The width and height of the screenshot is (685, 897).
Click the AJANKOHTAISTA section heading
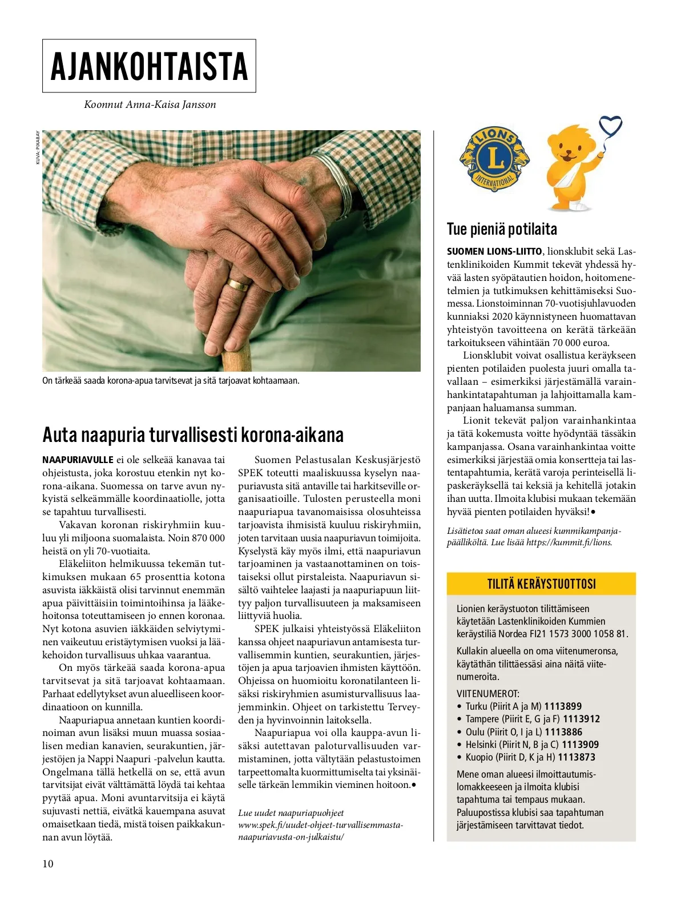pyautogui.click(x=149, y=66)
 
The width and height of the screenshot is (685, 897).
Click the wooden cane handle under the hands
pyautogui.click(x=236, y=360)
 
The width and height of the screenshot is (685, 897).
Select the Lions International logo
pyautogui.click(x=494, y=160)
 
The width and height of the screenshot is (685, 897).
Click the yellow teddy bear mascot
pyautogui.click(x=571, y=168)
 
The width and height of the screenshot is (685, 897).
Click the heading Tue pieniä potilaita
pyautogui.click(x=502, y=230)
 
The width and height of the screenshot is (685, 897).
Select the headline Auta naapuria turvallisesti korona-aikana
pyautogui.click(x=193, y=435)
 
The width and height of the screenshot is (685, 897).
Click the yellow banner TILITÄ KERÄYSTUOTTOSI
pyautogui.click(x=541, y=584)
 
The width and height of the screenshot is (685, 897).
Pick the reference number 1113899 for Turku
pyautogui.click(x=563, y=706)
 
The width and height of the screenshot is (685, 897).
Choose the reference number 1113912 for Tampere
pyautogui.click(x=581, y=719)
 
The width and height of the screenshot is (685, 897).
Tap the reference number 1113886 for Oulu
pyautogui.click(x=563, y=732)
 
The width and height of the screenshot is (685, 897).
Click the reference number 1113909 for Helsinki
pyautogui.click(x=580, y=745)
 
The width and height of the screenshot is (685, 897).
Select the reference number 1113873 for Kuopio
pyautogui.click(x=577, y=757)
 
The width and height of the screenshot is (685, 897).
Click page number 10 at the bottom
pyautogui.click(x=48, y=863)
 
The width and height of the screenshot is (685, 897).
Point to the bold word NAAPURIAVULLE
pyautogui.click(x=78, y=460)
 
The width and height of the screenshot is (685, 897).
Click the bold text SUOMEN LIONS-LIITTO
pyautogui.click(x=494, y=252)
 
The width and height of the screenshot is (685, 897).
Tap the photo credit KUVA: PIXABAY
pyautogui.click(x=38, y=148)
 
